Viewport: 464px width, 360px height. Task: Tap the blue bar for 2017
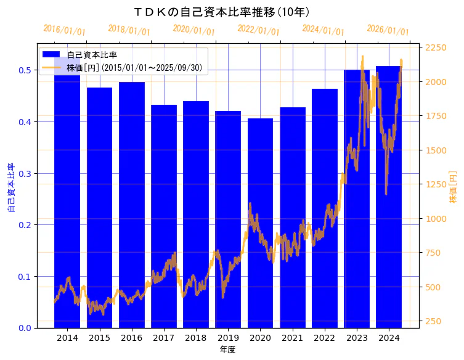[x=164, y=216]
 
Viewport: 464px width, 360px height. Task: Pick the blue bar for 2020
[x=260, y=222]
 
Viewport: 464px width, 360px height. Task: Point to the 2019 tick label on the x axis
[x=228, y=338]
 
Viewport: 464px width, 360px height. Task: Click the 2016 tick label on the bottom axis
[x=131, y=338]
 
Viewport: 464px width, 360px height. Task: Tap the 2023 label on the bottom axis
[x=357, y=338]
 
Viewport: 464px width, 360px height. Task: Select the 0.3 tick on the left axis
[x=25, y=173]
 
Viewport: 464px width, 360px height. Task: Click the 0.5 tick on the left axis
[x=25, y=70]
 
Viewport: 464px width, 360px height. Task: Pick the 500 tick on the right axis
[x=436, y=287]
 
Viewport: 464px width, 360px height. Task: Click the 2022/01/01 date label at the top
[x=258, y=30]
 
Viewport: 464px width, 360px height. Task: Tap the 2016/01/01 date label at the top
[x=65, y=30]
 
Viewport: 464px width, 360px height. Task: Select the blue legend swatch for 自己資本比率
[x=51, y=54]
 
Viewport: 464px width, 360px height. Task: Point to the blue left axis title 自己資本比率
[x=11, y=187]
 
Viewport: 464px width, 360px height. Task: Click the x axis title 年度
[x=227, y=350]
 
